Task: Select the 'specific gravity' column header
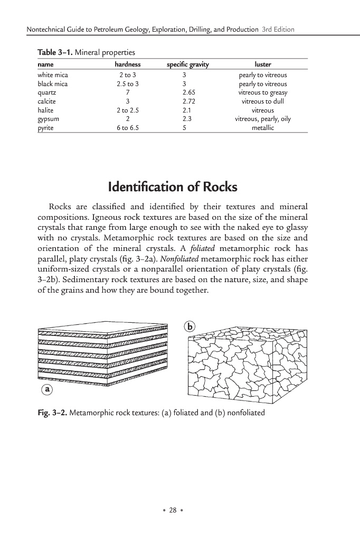tap(187, 64)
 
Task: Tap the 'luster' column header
tap(262, 64)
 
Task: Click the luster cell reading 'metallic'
tap(262, 127)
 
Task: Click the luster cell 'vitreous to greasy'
tap(262, 92)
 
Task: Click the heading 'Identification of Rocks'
tap(172, 187)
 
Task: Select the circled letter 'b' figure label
tap(190, 327)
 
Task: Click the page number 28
tap(172, 510)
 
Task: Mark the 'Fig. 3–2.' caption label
tap(51, 413)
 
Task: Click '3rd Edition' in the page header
tap(278, 29)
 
